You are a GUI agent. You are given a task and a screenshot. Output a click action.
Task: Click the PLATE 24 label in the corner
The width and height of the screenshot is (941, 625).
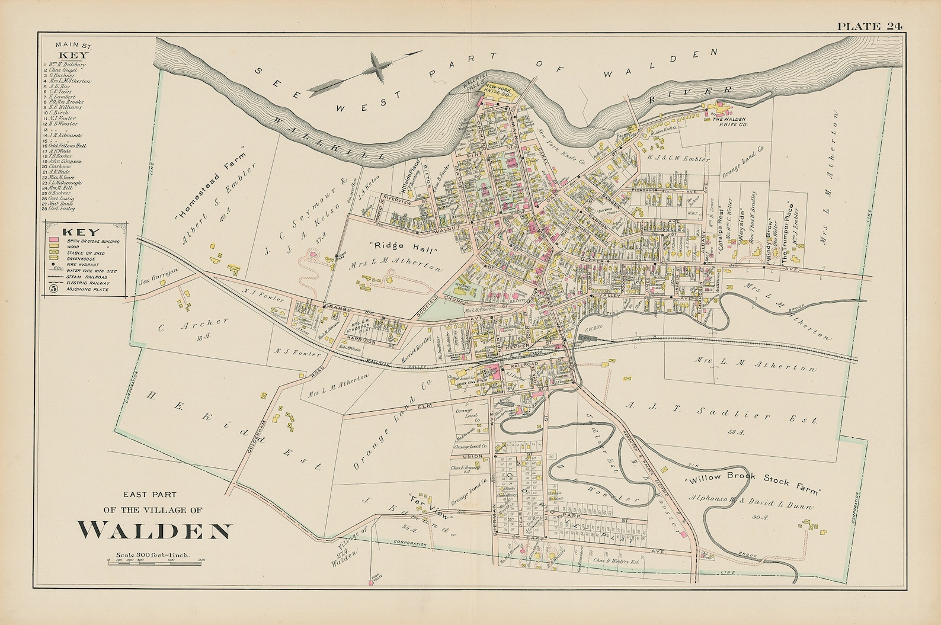[x=869, y=25]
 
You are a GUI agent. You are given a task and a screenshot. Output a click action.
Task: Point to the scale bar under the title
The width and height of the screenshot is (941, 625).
[x=156, y=560]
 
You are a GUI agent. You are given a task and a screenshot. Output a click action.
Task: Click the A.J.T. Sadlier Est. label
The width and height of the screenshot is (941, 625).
[x=721, y=414]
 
